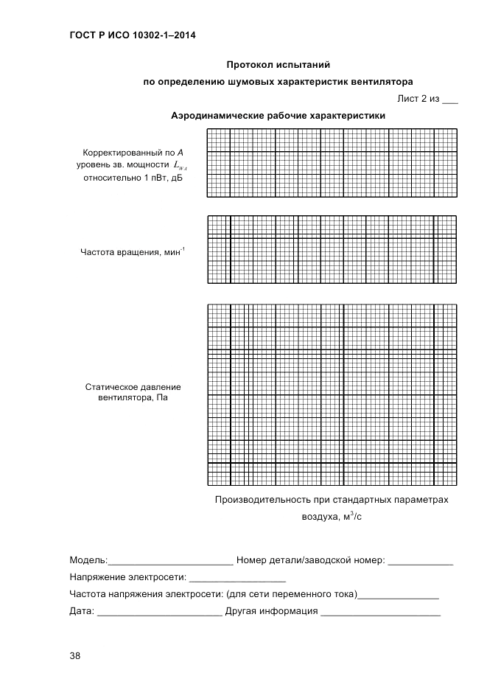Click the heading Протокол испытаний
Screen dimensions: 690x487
coord(278,65)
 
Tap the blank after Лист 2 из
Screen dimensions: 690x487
coord(449,101)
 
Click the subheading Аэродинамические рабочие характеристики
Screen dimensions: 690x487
coord(278,116)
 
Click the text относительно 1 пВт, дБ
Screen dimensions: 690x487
coord(133,178)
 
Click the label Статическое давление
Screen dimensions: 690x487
coord(133,386)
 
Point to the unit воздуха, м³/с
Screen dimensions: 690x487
coord(332,517)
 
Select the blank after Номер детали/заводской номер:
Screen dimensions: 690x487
coord(420,562)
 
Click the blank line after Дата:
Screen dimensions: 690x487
coord(159,612)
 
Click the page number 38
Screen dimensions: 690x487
coord(75,656)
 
